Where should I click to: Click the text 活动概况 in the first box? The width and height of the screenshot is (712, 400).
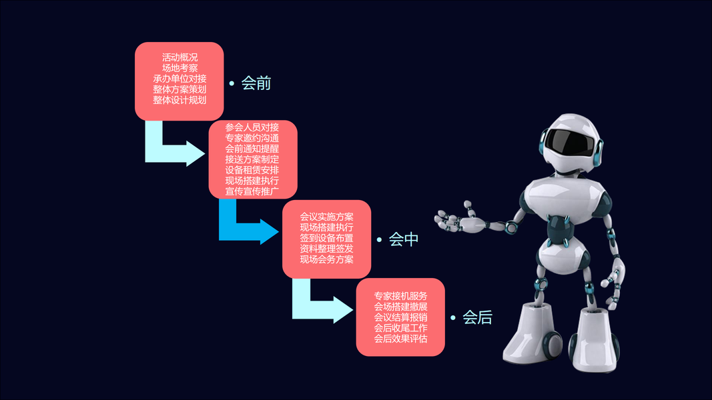(x=180, y=57)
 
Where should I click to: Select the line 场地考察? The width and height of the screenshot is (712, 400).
(x=180, y=68)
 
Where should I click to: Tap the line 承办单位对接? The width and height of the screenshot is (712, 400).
(x=180, y=79)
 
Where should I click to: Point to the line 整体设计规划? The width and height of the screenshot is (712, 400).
(x=180, y=100)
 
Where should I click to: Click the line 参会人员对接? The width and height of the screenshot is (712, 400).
(x=252, y=127)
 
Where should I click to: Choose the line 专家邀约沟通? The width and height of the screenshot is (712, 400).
(x=252, y=138)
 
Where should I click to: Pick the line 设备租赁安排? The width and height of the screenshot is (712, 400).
(x=252, y=170)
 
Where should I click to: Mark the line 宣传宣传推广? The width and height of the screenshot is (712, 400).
(x=252, y=191)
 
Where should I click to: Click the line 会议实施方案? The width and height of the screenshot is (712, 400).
(x=326, y=217)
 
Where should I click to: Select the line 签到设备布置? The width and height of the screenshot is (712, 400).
(x=326, y=238)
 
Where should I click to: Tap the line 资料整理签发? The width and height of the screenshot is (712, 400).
(x=326, y=249)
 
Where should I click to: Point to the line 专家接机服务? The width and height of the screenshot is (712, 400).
(x=400, y=296)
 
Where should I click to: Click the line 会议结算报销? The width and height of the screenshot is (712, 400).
(x=400, y=317)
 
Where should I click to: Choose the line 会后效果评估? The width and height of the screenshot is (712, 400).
(x=400, y=339)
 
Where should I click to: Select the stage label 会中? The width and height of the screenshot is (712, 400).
(x=404, y=239)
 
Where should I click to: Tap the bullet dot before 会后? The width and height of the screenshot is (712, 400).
(x=454, y=318)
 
